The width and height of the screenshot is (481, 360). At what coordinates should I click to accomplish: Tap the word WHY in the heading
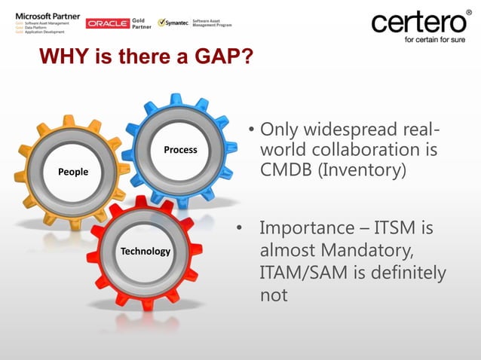pos(66,57)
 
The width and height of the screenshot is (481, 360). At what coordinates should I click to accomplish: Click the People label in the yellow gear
pos(72,172)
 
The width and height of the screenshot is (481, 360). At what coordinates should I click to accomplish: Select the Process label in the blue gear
pos(180,150)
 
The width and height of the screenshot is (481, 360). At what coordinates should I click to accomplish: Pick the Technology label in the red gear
pos(146,251)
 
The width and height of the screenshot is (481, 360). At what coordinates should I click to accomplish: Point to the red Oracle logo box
pos(108,24)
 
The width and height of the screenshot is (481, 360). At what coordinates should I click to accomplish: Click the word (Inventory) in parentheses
pos(364,170)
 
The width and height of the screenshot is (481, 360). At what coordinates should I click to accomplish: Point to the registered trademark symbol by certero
pos(467,12)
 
